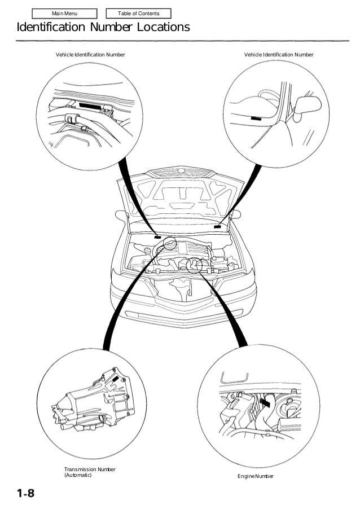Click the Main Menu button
tap(65, 14)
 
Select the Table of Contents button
tap(138, 14)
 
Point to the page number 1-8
tap(25, 494)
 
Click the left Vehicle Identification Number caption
tap(90, 54)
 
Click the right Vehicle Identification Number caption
tap(278, 54)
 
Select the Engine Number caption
tap(255, 477)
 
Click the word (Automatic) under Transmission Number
tap(77, 475)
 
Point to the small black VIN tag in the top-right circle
tap(256, 118)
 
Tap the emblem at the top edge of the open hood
tap(181, 170)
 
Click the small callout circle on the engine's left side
tap(169, 244)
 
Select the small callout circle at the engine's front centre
tap(195, 265)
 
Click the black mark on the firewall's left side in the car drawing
tap(157, 237)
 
